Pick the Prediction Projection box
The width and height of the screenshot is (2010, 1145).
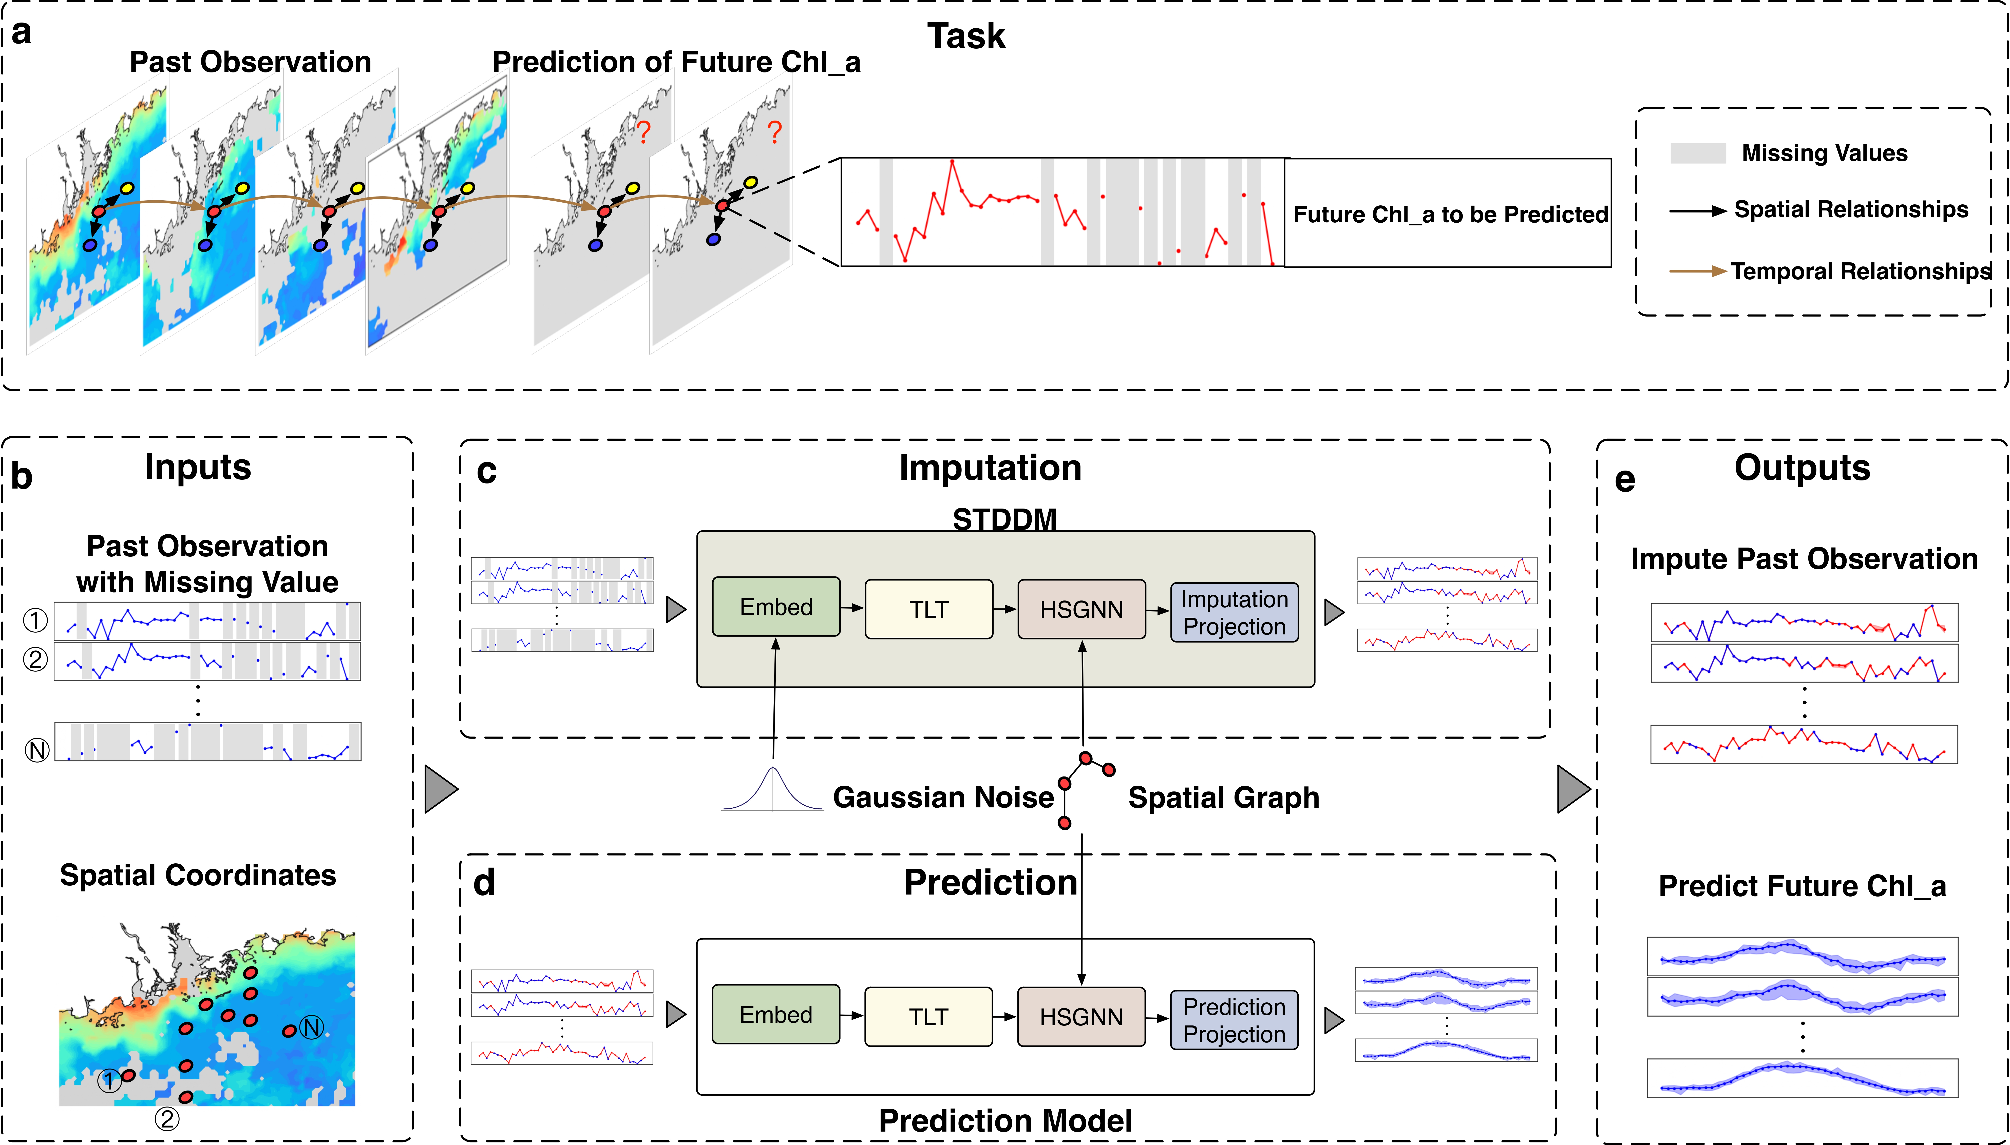coord(1234,1020)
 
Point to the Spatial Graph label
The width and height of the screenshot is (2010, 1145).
coord(1224,798)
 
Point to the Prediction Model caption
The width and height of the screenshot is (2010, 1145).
coord(1005,1121)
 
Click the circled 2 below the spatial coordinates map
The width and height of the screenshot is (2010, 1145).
coord(166,1118)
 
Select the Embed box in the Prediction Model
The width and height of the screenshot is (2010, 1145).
coord(775,1015)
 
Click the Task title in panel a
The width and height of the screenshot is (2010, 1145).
coord(966,36)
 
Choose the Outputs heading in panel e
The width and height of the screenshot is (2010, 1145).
coord(1802,468)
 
